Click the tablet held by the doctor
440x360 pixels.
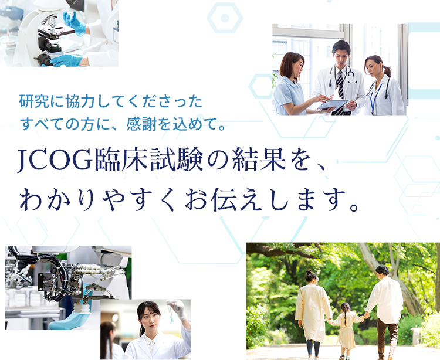333,104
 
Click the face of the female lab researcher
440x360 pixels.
148,317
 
